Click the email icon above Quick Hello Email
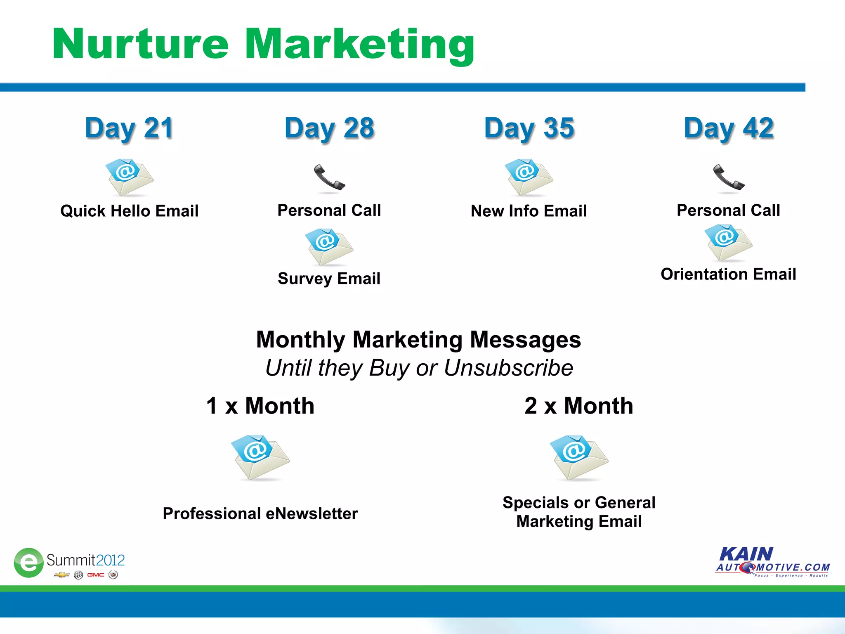[129, 177]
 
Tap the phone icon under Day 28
[329, 178]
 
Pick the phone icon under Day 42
[728, 178]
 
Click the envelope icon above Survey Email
[329, 247]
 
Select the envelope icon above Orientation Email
[728, 243]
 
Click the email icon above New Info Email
[529, 177]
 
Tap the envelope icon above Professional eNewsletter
[260, 457]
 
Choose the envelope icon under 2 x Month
[579, 457]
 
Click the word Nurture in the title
[140, 45]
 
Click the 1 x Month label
[260, 406]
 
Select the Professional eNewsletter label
[260, 514]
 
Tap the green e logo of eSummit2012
[28, 563]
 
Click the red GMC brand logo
[95, 575]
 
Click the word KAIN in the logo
[746, 554]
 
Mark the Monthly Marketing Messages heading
[418, 340]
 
